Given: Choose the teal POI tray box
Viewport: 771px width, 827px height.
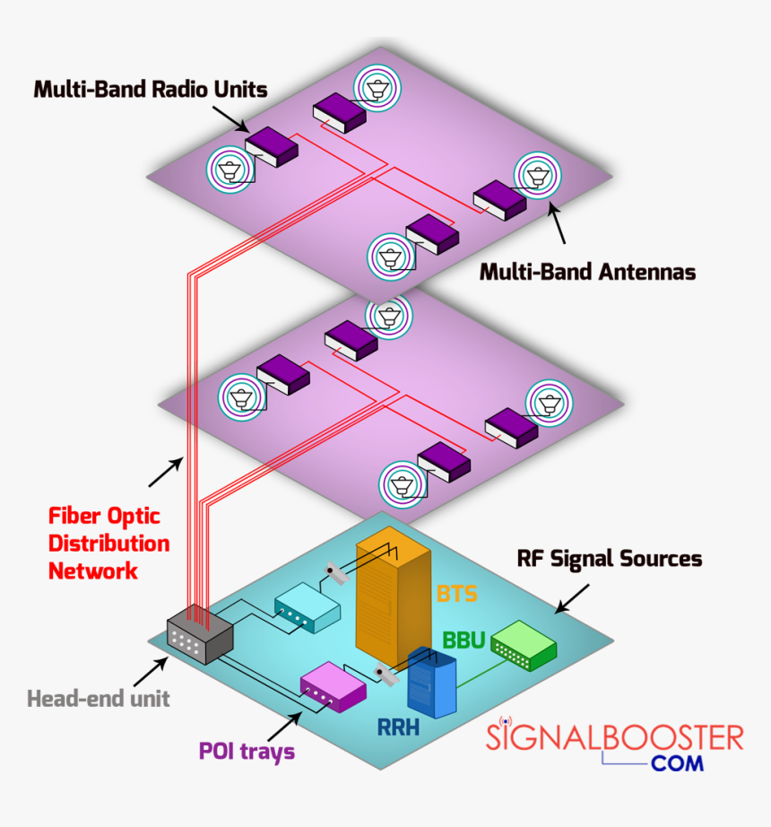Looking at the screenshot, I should click(307, 607).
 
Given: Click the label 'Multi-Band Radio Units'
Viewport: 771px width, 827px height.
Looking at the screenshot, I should click(151, 90).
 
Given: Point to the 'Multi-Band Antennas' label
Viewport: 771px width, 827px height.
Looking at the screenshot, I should click(587, 271).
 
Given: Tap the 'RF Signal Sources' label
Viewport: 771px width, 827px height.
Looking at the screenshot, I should click(610, 558).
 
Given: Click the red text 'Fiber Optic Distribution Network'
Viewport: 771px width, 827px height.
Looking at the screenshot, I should click(108, 543).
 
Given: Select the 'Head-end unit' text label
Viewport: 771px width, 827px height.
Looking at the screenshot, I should click(98, 698).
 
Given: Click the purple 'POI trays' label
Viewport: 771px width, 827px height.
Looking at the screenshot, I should click(247, 751).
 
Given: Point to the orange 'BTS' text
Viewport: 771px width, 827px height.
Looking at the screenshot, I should click(457, 593).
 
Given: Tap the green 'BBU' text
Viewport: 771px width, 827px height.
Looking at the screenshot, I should click(463, 640).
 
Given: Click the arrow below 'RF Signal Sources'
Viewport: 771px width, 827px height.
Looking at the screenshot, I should click(572, 598).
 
